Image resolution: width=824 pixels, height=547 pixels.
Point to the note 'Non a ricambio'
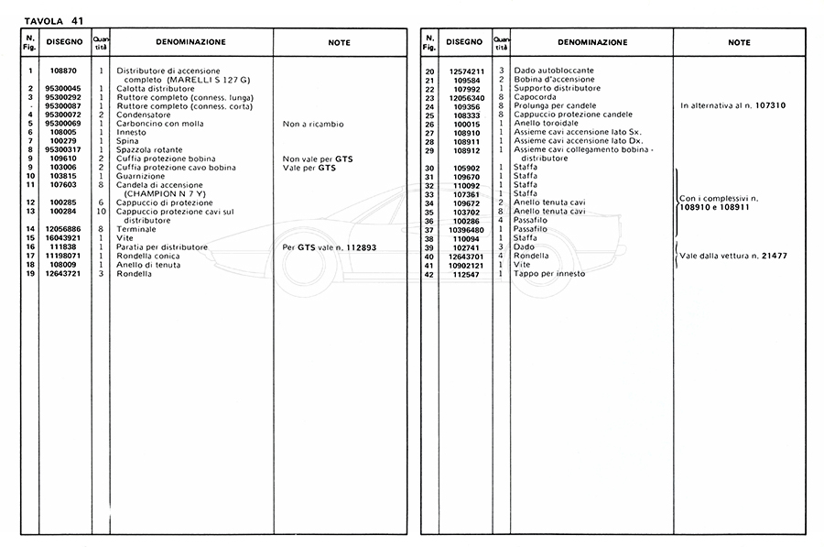coord(313,124)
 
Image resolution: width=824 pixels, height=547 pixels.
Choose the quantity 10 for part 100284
coord(102,212)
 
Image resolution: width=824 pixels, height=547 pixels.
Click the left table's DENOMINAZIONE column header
coord(190,42)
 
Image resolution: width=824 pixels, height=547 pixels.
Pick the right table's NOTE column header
coord(739,42)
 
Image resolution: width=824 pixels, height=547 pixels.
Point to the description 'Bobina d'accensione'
coord(554,80)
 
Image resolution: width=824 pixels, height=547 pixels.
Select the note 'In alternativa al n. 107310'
coord(732,106)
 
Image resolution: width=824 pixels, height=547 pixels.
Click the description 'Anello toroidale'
coord(548,124)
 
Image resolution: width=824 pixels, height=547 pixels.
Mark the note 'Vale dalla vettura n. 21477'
coord(733,256)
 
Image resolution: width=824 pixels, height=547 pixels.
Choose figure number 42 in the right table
coord(429,274)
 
